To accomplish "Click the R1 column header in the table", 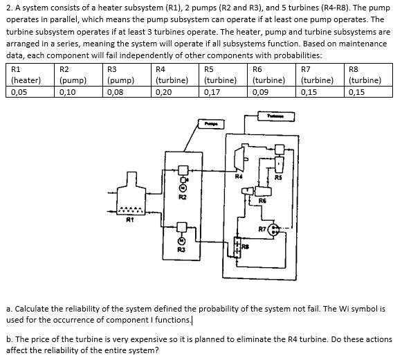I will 17,69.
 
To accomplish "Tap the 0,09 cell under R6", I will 260,91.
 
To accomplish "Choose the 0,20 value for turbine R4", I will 163,91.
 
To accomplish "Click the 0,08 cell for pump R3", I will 116,91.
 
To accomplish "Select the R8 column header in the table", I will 356,69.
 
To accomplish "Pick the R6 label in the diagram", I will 262,201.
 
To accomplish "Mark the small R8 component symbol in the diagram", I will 237,247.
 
